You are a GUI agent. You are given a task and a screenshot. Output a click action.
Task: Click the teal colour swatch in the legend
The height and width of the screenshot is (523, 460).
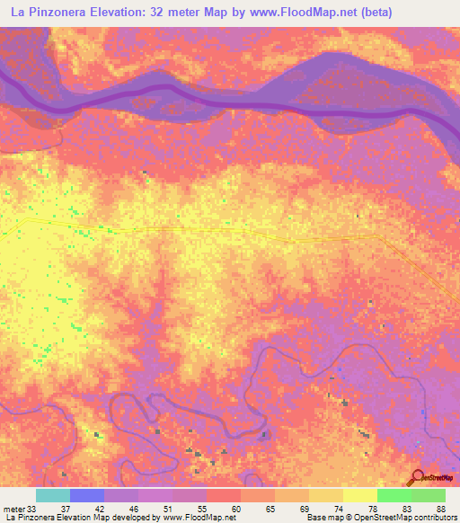click(53, 495)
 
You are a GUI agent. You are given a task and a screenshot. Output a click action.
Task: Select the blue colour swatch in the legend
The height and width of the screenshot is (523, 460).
click(87, 495)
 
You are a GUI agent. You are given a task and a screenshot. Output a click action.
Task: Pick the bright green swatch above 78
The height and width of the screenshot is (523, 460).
click(394, 495)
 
